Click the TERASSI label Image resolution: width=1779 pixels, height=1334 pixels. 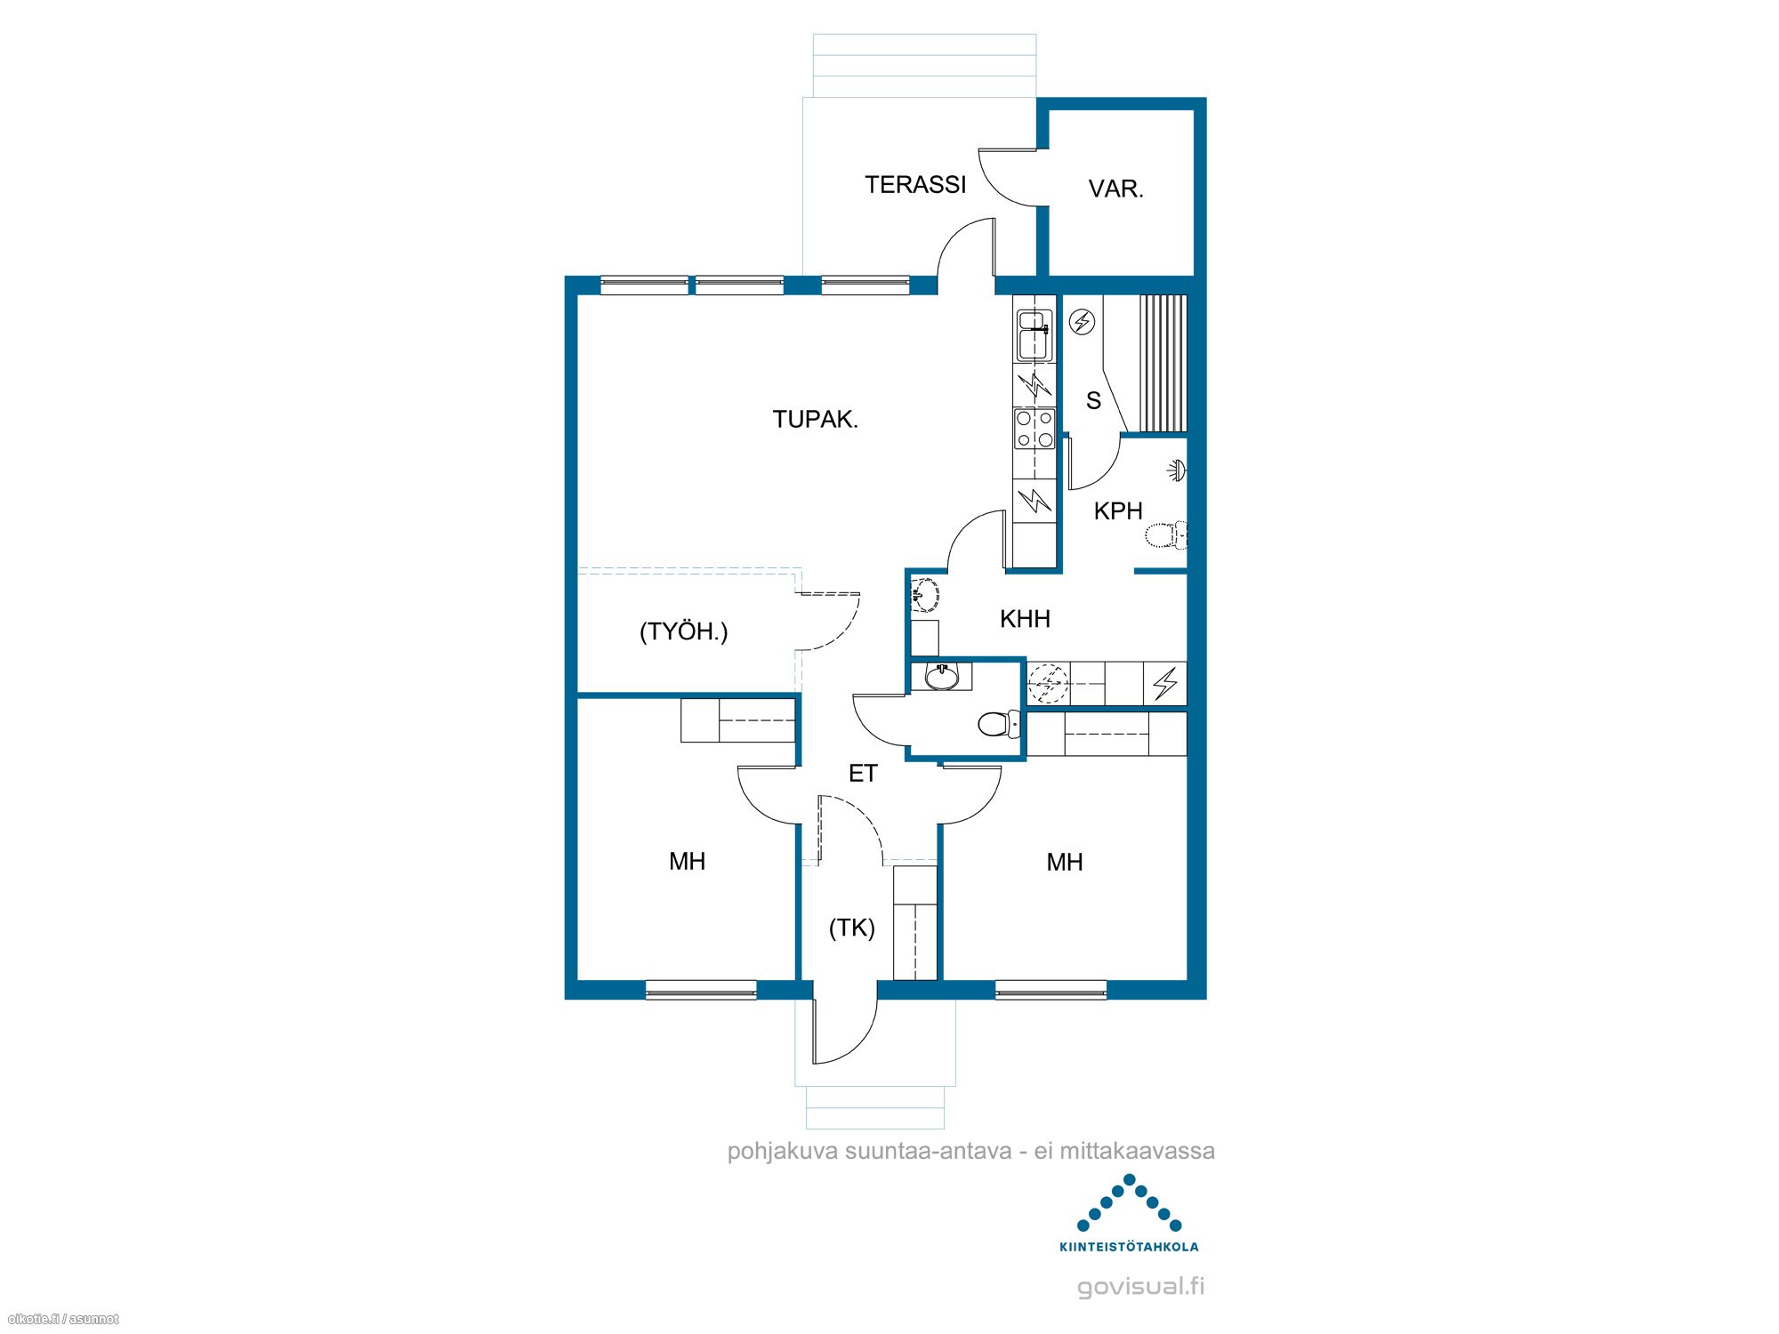(915, 184)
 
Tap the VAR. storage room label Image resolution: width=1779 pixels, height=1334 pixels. (1115, 189)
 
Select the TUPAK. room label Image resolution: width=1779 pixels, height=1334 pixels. (815, 419)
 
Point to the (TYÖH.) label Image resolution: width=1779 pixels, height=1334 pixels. (683, 631)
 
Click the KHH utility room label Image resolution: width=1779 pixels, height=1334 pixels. (1025, 619)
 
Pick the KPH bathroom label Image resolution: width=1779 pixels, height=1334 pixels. (1118, 511)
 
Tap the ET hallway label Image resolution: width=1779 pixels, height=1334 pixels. (863, 774)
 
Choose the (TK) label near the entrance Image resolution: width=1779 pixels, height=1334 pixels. (852, 928)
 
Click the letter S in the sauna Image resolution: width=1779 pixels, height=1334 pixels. (1093, 401)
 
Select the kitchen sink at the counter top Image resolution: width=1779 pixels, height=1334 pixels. (1034, 335)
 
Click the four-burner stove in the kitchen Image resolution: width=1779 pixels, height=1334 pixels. (1034, 429)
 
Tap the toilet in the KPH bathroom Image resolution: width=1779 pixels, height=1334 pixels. (1165, 535)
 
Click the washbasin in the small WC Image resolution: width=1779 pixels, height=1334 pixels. (941, 677)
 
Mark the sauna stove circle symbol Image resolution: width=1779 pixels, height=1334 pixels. (1082, 321)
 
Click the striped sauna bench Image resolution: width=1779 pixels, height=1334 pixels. (1163, 364)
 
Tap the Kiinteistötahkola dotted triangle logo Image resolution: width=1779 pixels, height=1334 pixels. (1129, 1203)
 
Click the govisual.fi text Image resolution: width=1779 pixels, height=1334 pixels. (1141, 1286)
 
